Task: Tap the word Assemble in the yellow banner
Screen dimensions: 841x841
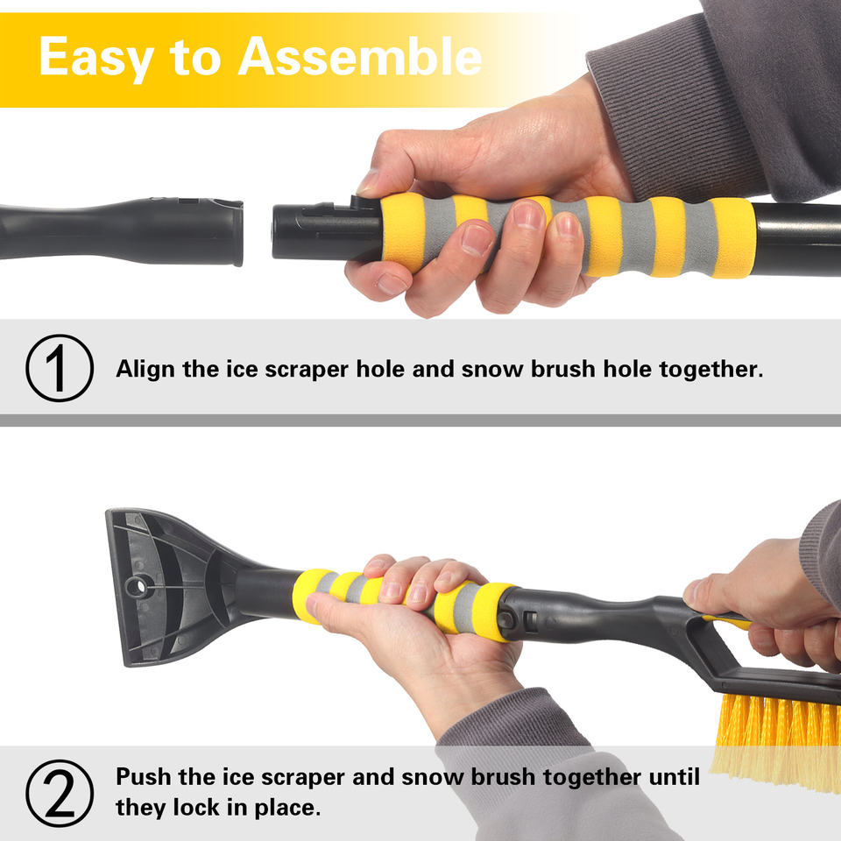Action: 360,56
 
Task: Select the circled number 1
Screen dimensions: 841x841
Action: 60,368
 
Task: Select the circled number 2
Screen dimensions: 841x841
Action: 60,794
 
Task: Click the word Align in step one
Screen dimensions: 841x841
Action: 145,370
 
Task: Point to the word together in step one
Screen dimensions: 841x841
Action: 710,370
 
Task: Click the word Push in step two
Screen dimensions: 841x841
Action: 143,776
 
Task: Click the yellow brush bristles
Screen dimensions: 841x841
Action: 778,740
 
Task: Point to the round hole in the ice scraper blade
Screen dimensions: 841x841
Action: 137,587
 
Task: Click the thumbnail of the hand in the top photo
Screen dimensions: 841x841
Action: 369,182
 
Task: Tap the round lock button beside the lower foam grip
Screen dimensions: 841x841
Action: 505,620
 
